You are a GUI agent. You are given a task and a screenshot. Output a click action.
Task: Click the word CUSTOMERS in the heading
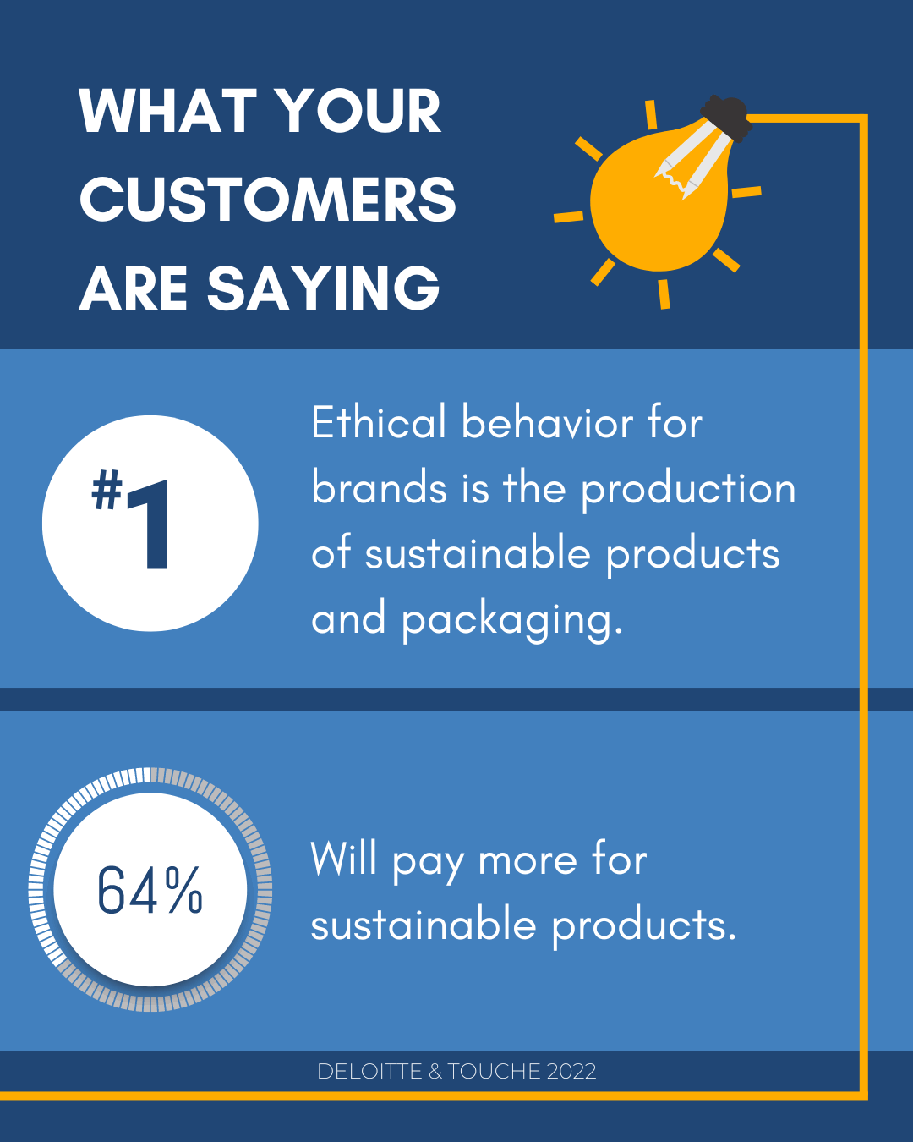[x=267, y=200]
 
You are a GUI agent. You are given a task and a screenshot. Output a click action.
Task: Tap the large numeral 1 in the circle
[x=152, y=524]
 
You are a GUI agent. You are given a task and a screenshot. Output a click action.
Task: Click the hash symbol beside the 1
[x=107, y=490]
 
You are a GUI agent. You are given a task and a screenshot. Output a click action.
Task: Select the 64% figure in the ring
[x=150, y=890]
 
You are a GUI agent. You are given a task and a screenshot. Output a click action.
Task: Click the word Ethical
[x=378, y=422]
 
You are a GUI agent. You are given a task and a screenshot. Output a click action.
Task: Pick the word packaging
[x=511, y=620]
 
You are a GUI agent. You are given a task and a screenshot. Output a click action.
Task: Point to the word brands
[x=379, y=488]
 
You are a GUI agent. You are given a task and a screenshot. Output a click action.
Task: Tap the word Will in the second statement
[x=343, y=859]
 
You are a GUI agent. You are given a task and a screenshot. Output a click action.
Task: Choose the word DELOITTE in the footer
[x=369, y=1072]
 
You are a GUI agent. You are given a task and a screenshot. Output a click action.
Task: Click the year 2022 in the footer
[x=571, y=1072]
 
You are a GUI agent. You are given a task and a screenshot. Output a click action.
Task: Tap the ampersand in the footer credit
[x=435, y=1072]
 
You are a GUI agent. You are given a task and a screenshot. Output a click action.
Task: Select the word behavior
[x=546, y=422]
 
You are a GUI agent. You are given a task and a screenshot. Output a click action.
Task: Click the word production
[x=688, y=490]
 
